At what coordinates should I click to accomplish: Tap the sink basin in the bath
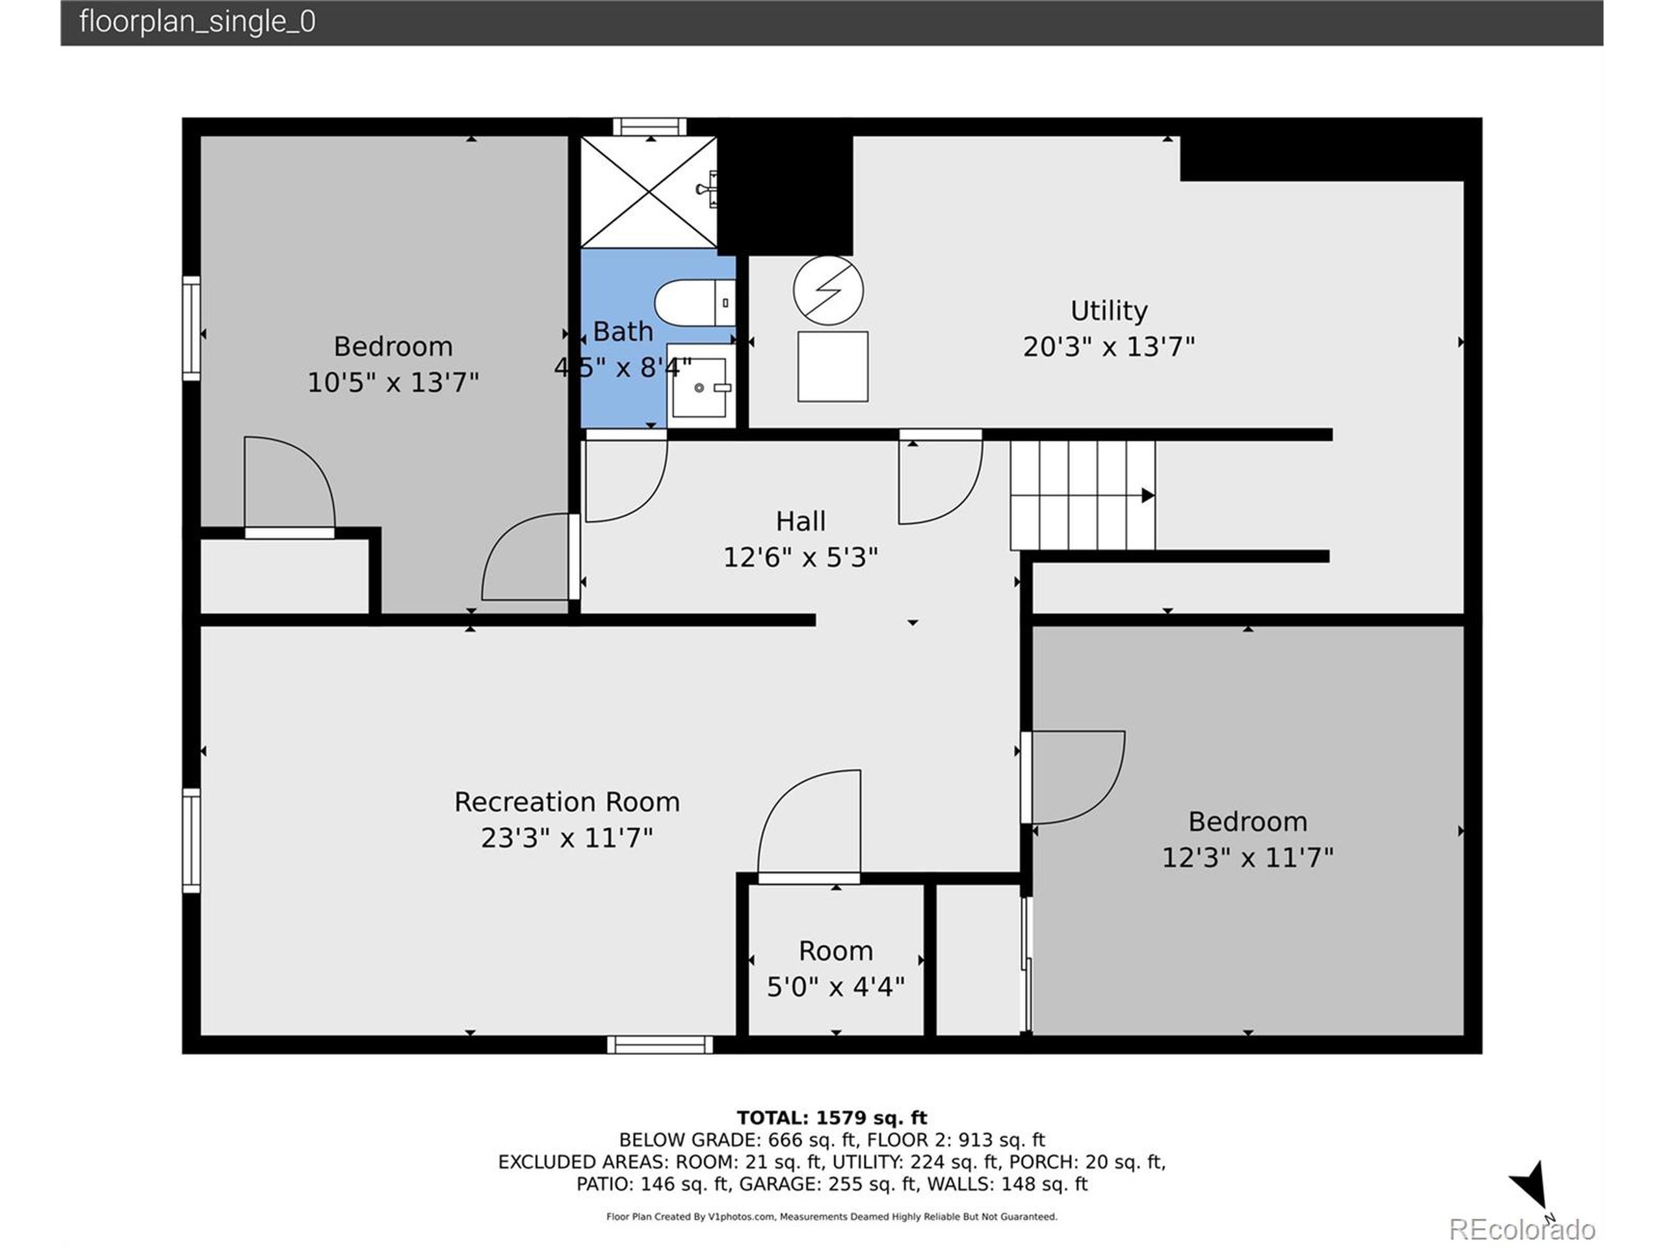pos(699,387)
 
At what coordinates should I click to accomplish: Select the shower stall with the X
pos(649,192)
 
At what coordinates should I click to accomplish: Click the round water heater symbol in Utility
pos(828,291)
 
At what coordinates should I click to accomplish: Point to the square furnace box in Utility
pos(833,367)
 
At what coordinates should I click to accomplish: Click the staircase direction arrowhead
pos(1147,495)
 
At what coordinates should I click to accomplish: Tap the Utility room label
pos(1108,311)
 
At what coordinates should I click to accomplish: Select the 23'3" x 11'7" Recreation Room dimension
pos(566,838)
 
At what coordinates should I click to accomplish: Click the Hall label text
pos(800,521)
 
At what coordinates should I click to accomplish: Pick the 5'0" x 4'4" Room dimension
pos(835,986)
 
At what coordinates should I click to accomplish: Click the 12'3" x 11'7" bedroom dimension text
pos(1247,857)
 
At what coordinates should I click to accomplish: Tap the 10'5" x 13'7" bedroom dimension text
pos(393,382)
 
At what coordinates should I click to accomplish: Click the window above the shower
pos(649,126)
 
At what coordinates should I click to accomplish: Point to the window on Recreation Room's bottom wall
pos(660,1044)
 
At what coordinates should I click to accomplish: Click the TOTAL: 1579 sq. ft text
pos(831,1118)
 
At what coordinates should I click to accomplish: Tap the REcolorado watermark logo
pos(1521,1229)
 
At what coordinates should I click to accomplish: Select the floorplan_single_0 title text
pos(197,21)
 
